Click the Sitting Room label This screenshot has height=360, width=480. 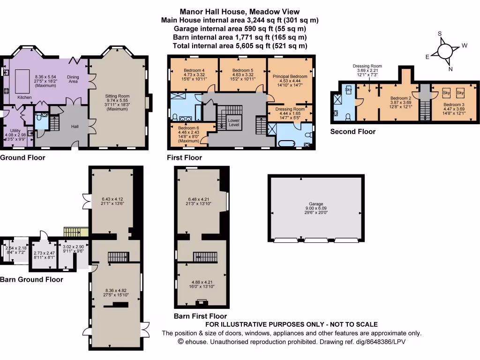(117, 96)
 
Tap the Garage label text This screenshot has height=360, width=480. (315, 204)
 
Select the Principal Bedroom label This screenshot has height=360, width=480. (290, 76)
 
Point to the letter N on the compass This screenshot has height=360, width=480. (451, 69)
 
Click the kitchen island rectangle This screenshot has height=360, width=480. (22, 76)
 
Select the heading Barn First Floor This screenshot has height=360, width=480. (200, 316)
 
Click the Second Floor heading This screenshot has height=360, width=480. (352, 132)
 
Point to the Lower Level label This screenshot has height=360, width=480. (233, 123)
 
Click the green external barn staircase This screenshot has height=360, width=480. (76, 232)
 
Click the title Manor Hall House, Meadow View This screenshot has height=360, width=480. (240, 12)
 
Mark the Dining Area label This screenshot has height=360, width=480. (73, 79)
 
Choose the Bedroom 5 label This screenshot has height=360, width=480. (243, 71)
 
